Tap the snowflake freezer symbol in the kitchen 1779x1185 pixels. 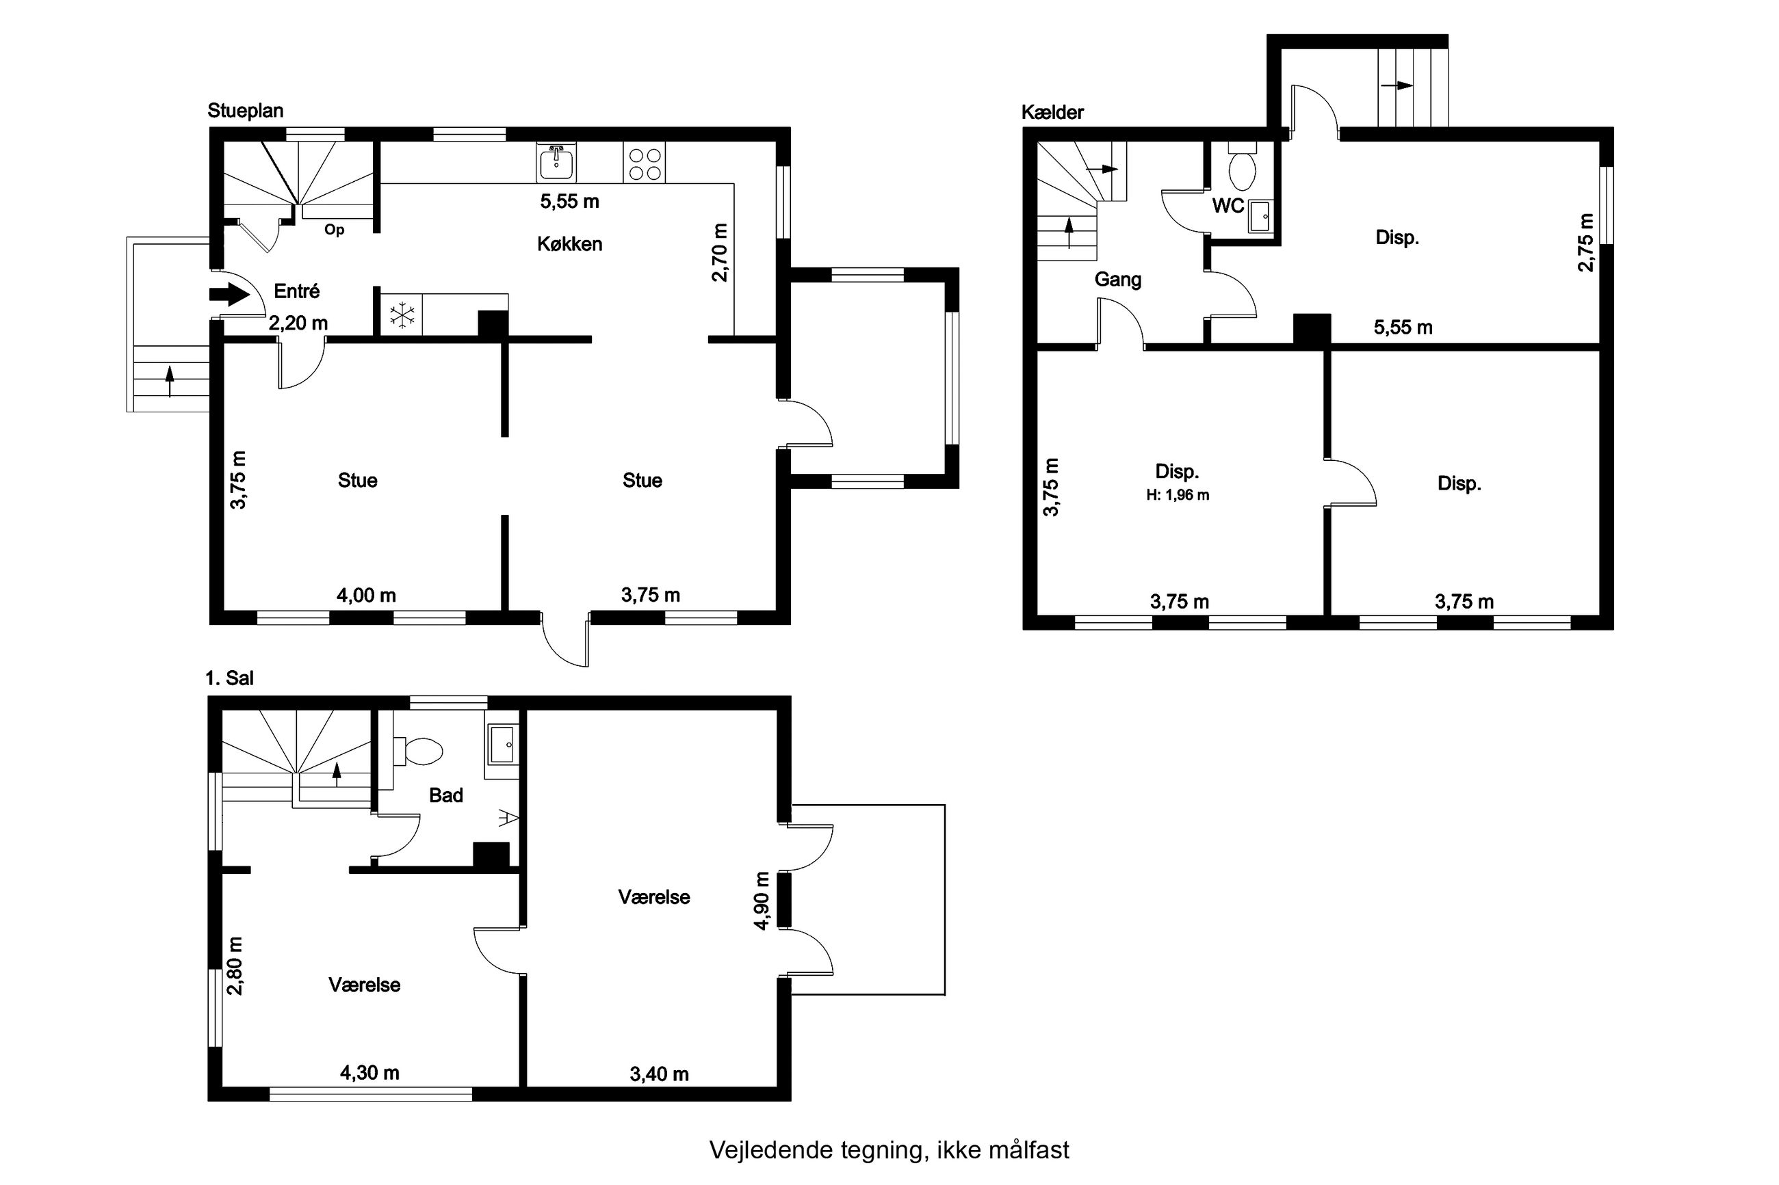click(x=402, y=315)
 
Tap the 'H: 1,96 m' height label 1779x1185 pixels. click(x=1177, y=496)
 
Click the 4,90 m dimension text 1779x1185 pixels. click(x=762, y=900)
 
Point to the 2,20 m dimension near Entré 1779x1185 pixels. click(x=298, y=323)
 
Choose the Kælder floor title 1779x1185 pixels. click(x=1052, y=113)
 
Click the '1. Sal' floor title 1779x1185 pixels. click(x=229, y=678)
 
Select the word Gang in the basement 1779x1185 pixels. click(x=1117, y=280)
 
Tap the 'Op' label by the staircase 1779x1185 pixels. click(x=334, y=230)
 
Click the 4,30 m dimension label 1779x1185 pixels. click(x=369, y=1072)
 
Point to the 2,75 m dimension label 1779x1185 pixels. click(x=1585, y=243)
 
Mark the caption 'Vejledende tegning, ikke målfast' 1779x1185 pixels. click(x=889, y=1149)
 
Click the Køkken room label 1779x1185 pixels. click(x=569, y=244)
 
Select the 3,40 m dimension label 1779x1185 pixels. click(x=660, y=1074)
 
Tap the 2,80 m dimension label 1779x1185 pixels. click(x=236, y=966)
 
